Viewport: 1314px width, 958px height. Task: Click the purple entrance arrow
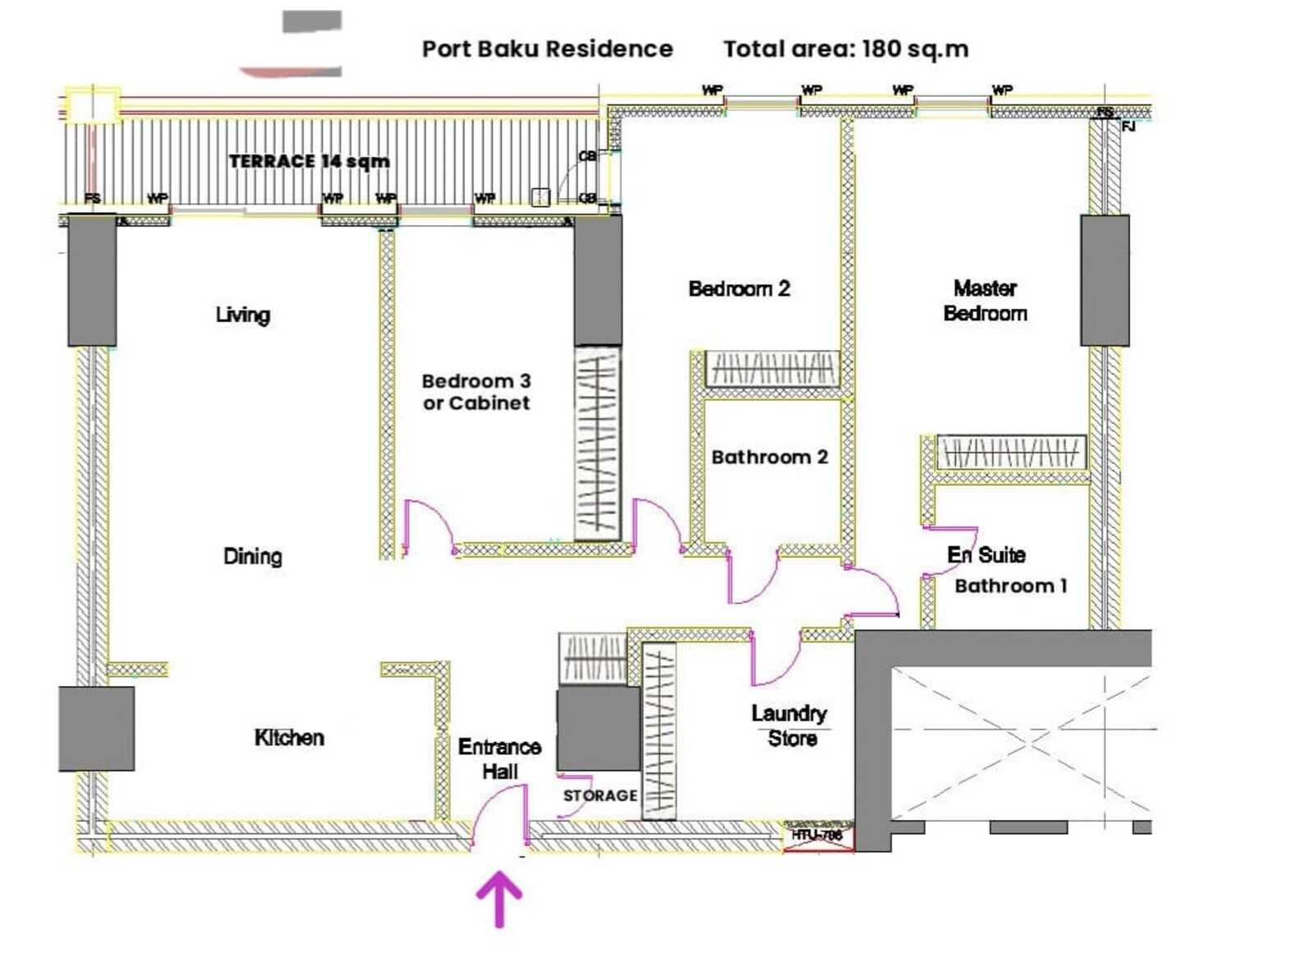coord(499,899)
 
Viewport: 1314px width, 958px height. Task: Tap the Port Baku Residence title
coord(547,49)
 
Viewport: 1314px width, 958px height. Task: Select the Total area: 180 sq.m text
coord(845,49)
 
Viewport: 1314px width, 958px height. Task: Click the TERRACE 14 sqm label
coord(309,161)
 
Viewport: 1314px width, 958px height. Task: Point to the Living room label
coord(242,315)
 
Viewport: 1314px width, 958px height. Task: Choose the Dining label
coord(252,556)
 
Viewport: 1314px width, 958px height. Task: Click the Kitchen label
coord(289,737)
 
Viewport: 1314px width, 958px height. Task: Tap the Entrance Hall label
coord(499,758)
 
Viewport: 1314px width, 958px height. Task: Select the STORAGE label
coord(600,795)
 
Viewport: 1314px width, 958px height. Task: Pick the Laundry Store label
coord(789,725)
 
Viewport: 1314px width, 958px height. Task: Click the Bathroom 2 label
coord(770,457)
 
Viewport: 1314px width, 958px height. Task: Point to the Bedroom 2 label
coord(739,288)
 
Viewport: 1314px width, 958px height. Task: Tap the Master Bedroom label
coord(985,301)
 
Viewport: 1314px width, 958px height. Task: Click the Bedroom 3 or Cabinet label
coord(476,392)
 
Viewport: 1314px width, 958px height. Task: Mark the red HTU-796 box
coord(818,836)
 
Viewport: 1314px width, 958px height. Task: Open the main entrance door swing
coord(501,813)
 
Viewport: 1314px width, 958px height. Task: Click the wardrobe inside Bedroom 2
coord(772,369)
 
